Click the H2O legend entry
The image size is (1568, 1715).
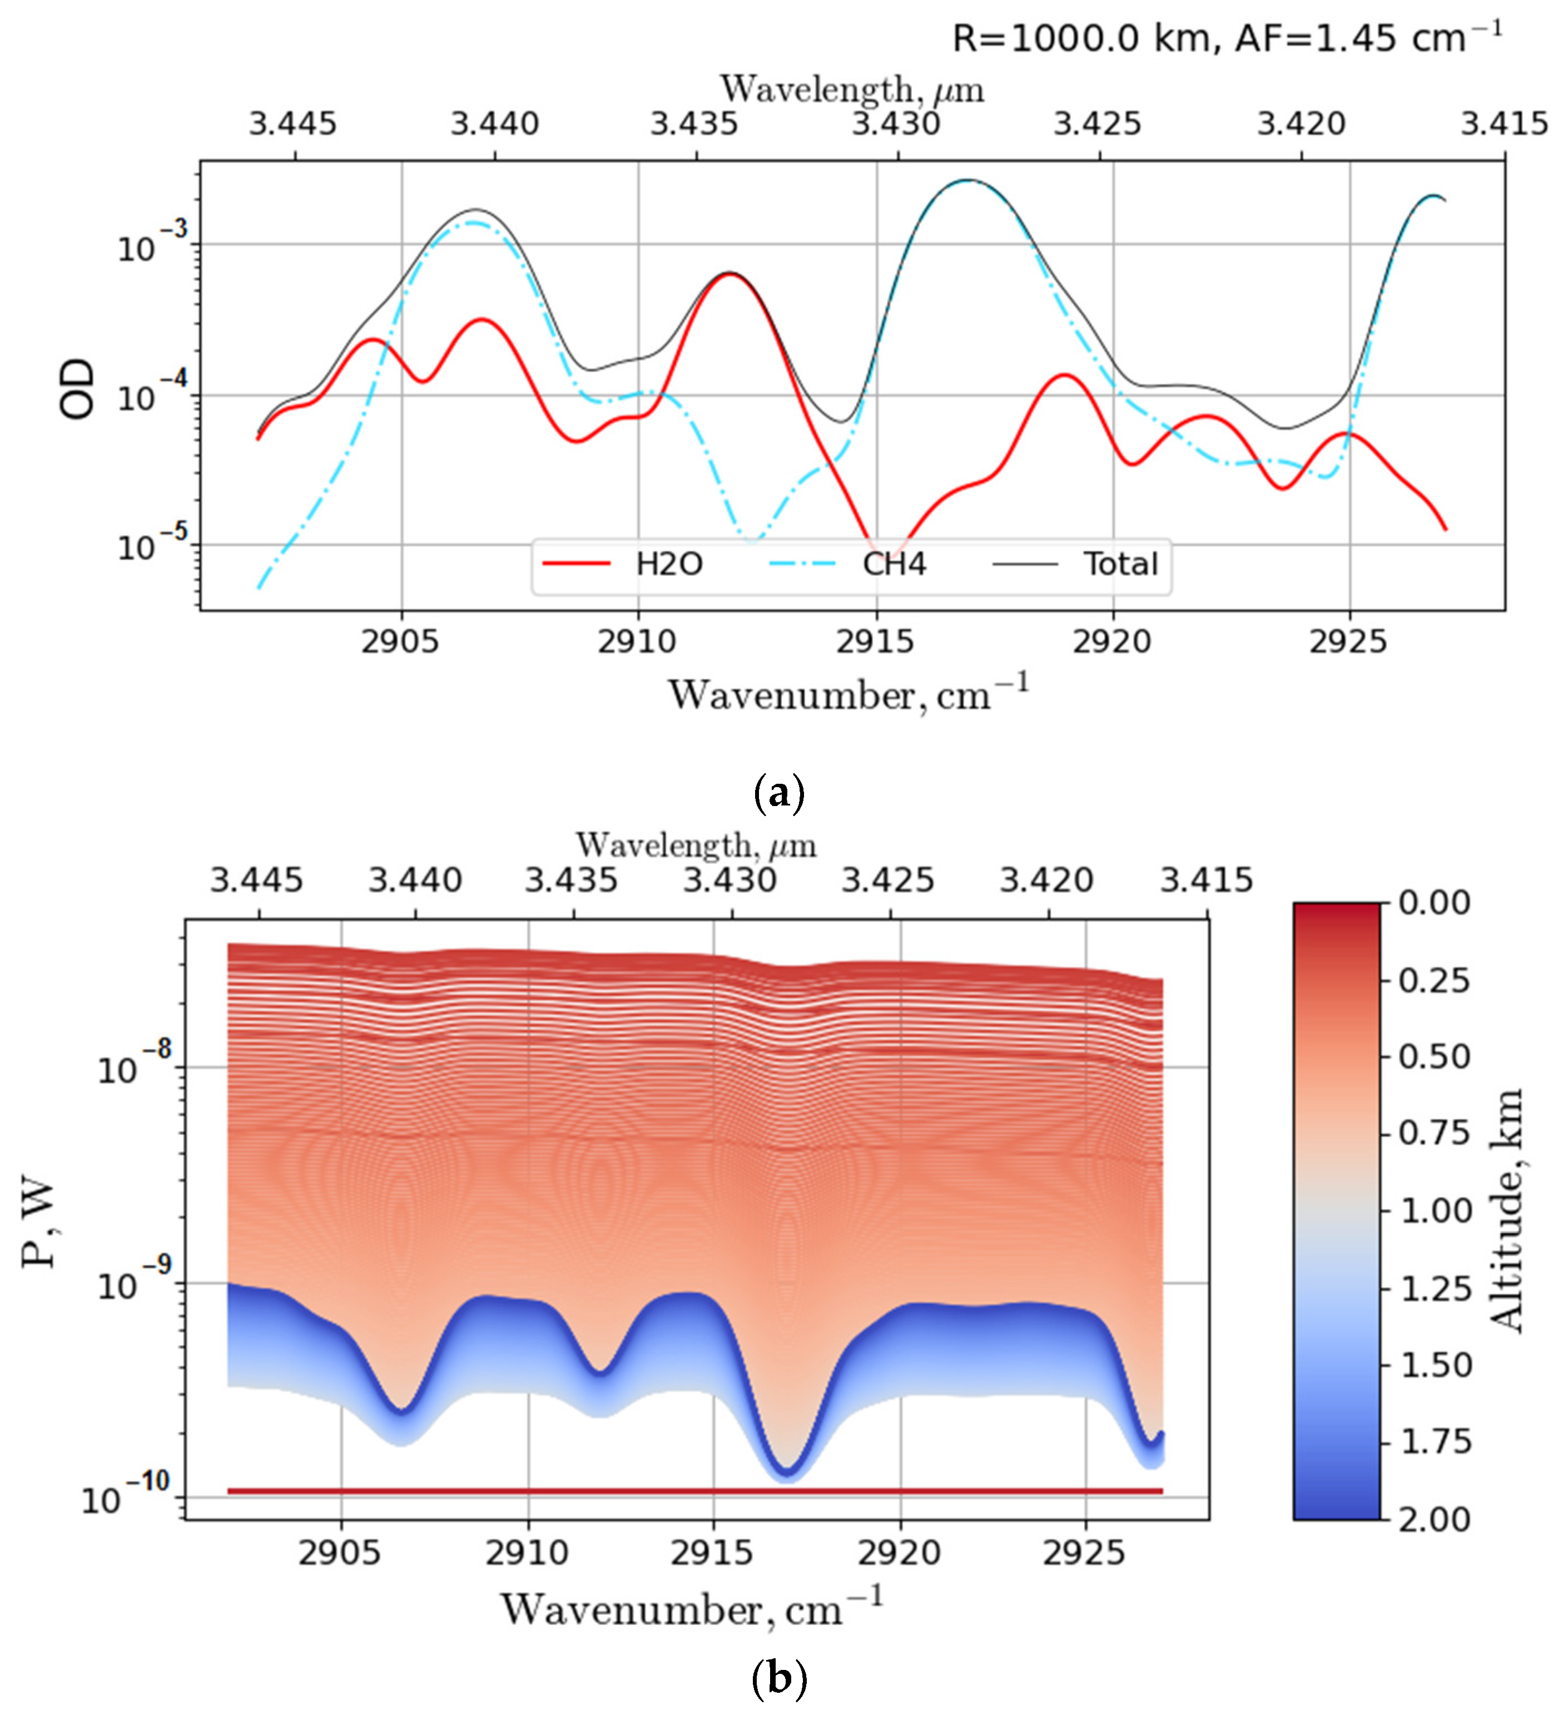(668, 564)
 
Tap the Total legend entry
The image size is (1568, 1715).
(1120, 564)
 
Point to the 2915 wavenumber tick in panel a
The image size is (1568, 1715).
(875, 641)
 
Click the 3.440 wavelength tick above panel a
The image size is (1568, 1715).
(495, 124)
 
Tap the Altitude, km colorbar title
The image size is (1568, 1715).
(1507, 1210)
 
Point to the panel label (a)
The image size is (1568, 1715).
(779, 793)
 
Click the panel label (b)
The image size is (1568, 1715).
(779, 1678)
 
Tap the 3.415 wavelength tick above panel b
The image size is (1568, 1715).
(1208, 879)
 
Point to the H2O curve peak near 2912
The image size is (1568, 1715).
(730, 274)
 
